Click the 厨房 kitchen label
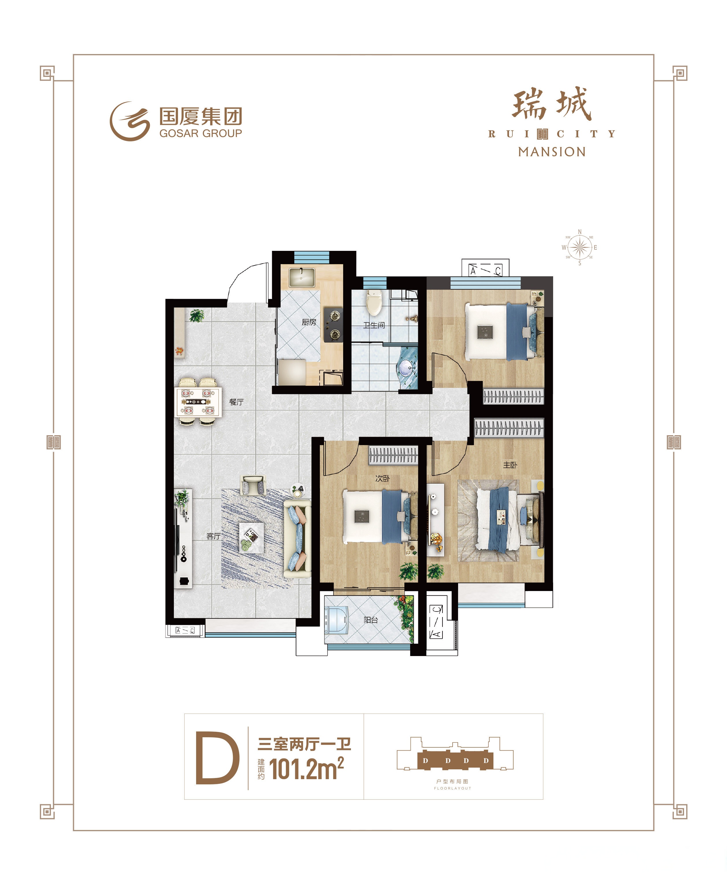coord(309,322)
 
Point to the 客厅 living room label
coord(213,536)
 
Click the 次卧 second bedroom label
coord(382,478)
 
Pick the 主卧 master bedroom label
coord(510,465)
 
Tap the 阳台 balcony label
coord(371,620)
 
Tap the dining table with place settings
coord(198,401)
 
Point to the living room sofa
coord(297,539)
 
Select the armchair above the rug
coord(254,485)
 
